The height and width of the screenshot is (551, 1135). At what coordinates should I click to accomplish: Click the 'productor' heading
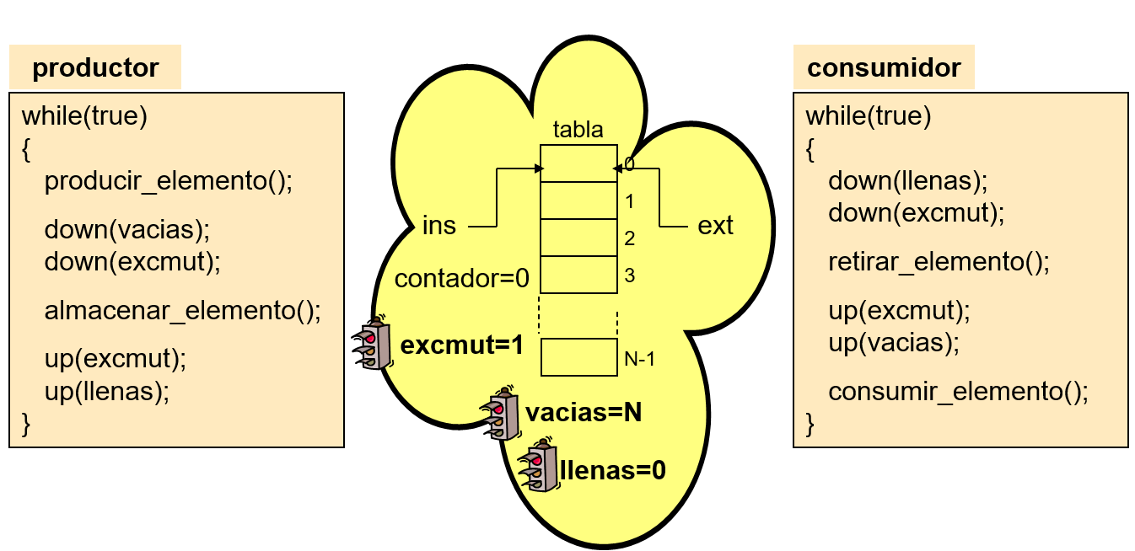[95, 67]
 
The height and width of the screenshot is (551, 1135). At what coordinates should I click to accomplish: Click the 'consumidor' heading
[884, 67]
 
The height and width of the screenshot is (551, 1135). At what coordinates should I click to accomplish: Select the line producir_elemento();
[169, 181]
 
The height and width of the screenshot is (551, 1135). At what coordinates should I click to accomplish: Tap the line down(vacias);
[126, 229]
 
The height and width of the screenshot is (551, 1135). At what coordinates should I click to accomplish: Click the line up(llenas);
[107, 390]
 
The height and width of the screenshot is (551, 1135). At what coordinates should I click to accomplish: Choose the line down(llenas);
[907, 180]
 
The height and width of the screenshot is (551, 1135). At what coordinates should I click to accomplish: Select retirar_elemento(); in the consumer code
[939, 262]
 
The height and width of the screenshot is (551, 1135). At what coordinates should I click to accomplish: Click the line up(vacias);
[895, 342]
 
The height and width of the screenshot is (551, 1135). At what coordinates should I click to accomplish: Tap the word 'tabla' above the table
[578, 130]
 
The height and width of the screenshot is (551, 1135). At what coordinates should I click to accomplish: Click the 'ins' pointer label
[438, 226]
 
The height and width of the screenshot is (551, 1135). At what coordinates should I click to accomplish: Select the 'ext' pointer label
[716, 226]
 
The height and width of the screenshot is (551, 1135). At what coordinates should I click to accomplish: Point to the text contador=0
[461, 278]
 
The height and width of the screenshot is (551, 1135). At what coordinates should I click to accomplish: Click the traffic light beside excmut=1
[372, 344]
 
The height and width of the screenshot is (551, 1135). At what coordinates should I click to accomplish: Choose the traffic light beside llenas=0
[537, 466]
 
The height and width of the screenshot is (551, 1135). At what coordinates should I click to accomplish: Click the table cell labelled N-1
[578, 357]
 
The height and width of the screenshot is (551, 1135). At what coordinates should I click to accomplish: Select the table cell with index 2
[578, 238]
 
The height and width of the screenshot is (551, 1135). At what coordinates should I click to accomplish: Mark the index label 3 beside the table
[629, 275]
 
